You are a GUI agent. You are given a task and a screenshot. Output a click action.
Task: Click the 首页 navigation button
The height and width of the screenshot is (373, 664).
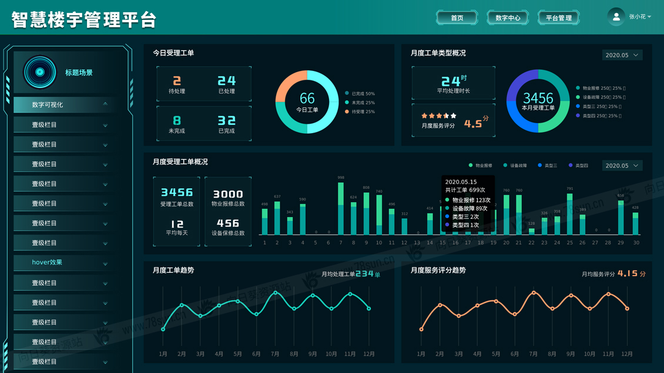click(457, 18)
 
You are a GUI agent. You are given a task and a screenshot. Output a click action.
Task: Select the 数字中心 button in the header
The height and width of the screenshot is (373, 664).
click(508, 18)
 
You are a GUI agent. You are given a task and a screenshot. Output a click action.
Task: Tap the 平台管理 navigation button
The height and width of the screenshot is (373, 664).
click(558, 18)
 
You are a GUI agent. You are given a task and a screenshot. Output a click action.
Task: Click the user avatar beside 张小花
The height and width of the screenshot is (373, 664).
click(616, 17)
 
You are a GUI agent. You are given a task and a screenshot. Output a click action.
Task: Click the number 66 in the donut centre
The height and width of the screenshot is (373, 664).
click(307, 98)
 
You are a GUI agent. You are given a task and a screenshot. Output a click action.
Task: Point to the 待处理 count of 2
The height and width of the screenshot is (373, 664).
click(177, 81)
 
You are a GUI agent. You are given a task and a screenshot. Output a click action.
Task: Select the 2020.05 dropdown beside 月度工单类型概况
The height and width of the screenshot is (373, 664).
click(622, 55)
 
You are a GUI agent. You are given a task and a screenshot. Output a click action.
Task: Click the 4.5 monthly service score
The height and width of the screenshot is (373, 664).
click(473, 124)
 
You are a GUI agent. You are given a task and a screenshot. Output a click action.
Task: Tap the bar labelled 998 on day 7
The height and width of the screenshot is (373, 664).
click(341, 209)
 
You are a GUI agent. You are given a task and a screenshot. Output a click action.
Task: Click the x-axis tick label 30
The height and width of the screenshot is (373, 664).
click(636, 242)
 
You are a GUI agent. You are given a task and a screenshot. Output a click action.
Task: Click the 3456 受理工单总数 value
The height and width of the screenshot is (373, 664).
click(177, 192)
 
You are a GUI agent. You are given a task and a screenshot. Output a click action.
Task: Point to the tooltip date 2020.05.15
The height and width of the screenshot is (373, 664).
click(461, 182)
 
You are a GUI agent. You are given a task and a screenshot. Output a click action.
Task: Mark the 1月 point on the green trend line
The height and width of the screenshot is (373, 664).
click(163, 329)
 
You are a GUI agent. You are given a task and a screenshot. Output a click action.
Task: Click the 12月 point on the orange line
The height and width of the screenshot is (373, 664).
click(628, 308)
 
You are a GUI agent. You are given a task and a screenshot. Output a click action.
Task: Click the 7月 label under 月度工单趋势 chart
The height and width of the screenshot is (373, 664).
click(275, 354)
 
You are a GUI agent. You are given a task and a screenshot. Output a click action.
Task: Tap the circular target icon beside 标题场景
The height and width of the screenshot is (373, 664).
click(40, 72)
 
